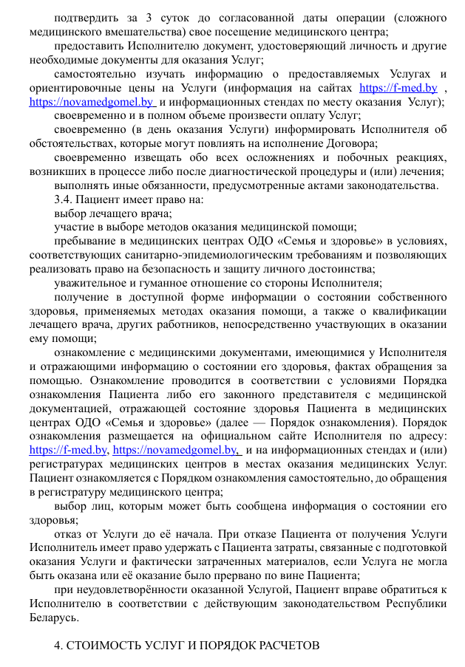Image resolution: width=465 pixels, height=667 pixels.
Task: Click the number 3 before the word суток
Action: (132, 17)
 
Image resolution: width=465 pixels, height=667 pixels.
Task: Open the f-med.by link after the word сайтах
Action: (398, 88)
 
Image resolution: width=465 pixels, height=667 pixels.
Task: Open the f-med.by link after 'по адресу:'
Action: (69, 450)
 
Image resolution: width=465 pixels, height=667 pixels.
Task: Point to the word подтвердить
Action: (87, 17)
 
